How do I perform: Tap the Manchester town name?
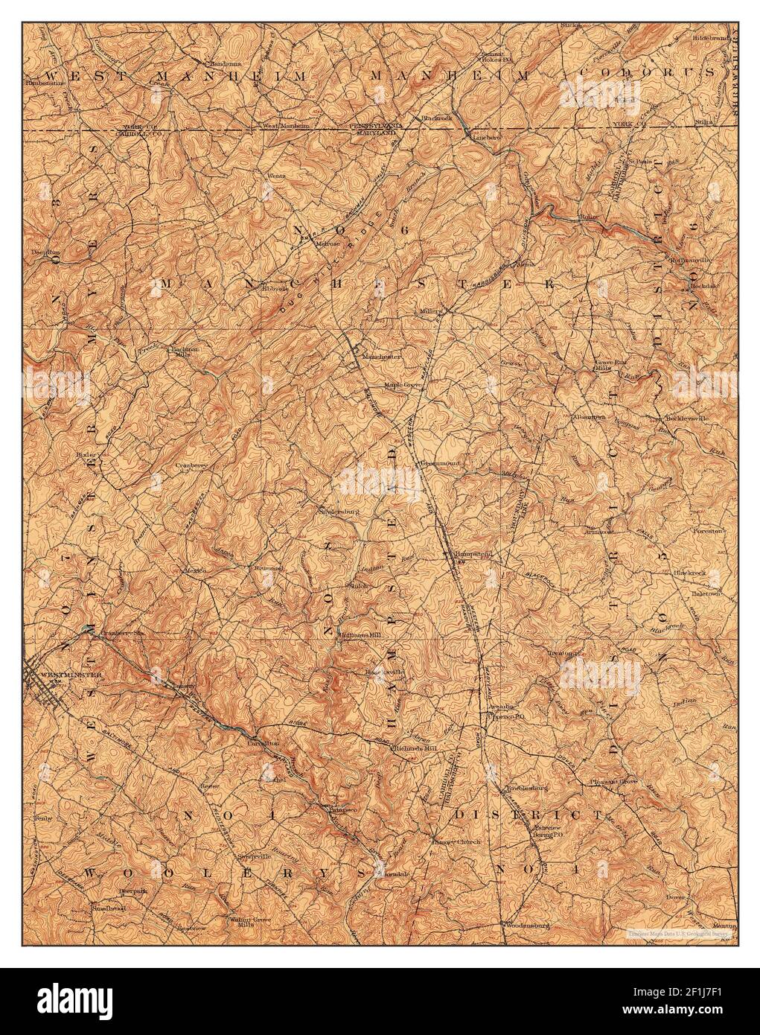coord(381,357)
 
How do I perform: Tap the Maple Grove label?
coord(403,386)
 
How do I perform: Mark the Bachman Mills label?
coord(177,351)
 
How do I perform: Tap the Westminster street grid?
coord(41,689)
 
